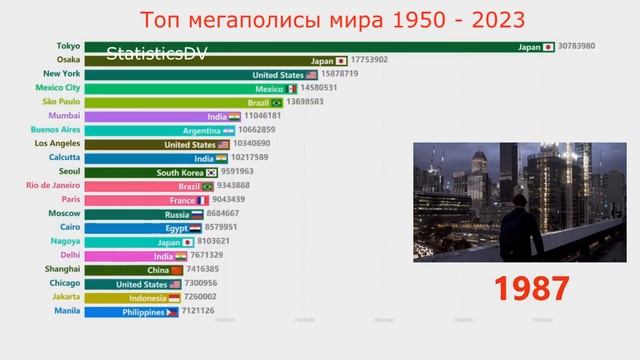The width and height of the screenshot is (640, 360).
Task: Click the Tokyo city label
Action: point(67,46)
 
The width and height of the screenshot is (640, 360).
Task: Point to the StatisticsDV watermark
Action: point(155,53)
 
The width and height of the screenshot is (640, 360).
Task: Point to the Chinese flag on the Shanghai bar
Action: point(178,270)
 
